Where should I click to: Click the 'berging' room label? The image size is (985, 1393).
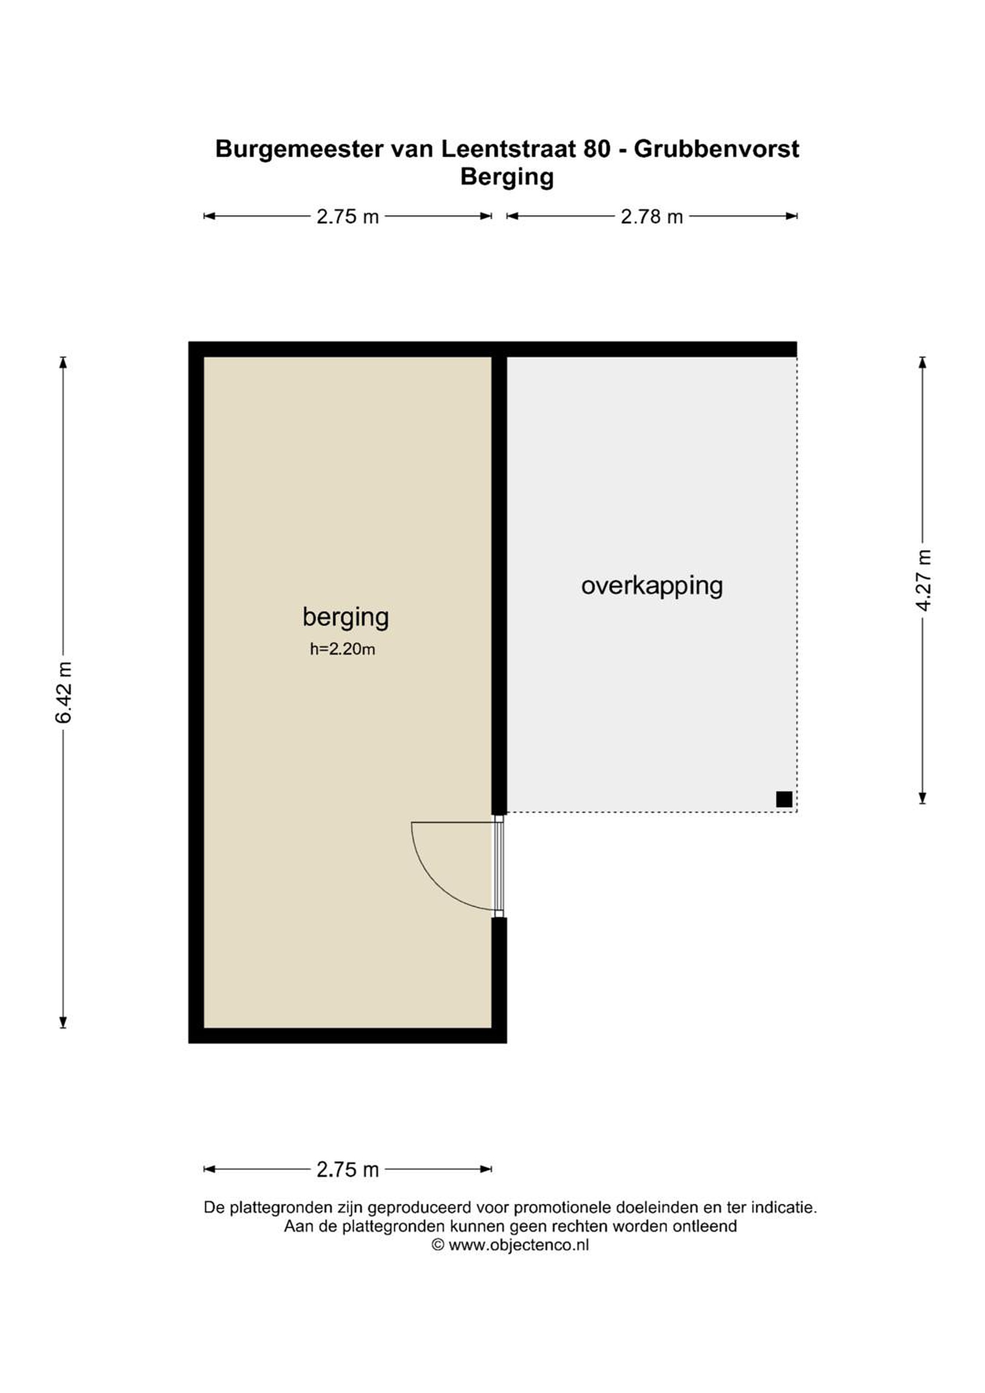[345, 618]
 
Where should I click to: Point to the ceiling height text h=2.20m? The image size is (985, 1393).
[343, 649]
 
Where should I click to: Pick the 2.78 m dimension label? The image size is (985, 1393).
[652, 217]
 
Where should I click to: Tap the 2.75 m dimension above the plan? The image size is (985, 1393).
[348, 217]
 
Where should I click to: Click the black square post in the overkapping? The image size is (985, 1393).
[784, 800]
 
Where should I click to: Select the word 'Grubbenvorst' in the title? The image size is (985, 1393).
[717, 149]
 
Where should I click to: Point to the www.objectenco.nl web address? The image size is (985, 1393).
[519, 1245]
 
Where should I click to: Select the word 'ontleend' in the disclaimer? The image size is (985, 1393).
[704, 1226]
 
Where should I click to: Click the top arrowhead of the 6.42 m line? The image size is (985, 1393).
[63, 362]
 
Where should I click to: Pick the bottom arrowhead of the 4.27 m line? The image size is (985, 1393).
[923, 799]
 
